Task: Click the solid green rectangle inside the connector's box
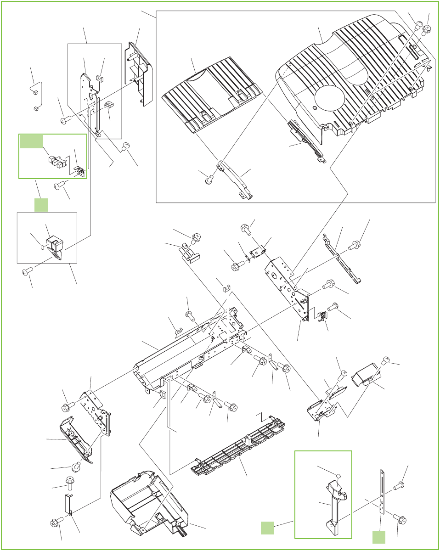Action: coord(32,142)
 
